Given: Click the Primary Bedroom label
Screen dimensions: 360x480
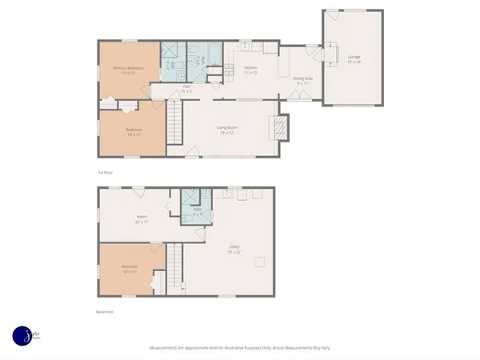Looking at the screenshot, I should [x=129, y=70].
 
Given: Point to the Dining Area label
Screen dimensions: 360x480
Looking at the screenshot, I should [x=302, y=80].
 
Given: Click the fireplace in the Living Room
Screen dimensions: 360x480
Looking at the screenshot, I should [x=279, y=127].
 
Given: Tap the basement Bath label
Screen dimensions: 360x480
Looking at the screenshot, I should [x=197, y=211].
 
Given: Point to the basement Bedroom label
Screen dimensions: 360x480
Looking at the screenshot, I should [x=130, y=269].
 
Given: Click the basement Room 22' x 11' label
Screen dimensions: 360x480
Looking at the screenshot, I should [x=142, y=218].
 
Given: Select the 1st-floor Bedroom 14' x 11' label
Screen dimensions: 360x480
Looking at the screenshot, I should [x=133, y=132].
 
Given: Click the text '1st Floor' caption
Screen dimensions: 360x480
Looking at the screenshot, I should [x=104, y=172].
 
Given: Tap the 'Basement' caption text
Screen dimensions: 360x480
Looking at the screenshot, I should [x=105, y=312].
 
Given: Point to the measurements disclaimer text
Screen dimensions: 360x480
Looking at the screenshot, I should [x=240, y=348].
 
